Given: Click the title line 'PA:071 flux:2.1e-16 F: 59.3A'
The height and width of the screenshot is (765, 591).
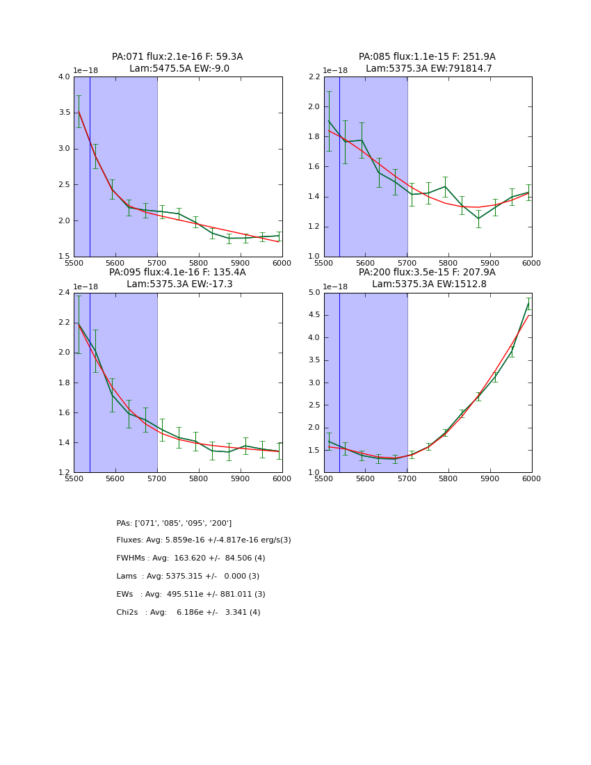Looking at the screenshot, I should coord(177,57).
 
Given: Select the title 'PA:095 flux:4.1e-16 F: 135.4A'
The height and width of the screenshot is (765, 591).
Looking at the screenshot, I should coord(177,273).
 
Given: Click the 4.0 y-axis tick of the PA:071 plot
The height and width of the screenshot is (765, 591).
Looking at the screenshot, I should coord(64,77).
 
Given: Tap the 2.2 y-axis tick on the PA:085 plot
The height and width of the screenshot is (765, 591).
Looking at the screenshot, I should coord(314,77).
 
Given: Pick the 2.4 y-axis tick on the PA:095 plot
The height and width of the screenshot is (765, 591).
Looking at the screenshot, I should coord(64,293).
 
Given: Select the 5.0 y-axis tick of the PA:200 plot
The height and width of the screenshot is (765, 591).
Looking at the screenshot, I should coord(314,293).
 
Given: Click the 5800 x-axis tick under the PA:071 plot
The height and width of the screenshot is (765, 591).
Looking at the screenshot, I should coord(198,263).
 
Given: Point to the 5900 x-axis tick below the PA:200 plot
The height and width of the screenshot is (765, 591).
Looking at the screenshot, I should coord(490,478).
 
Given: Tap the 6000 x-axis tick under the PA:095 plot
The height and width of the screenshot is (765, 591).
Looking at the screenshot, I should coord(282,478).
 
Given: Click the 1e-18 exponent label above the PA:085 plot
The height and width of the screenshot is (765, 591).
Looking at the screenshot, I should coord(336,71).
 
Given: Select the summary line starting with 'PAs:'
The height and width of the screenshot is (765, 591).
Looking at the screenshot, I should coord(174,523).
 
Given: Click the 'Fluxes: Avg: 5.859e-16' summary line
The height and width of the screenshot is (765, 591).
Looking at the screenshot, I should coord(204,540).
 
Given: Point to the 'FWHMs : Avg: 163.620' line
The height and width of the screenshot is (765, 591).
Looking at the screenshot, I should coord(191,558).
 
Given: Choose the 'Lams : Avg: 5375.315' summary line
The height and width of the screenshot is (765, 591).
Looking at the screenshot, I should coord(188,577).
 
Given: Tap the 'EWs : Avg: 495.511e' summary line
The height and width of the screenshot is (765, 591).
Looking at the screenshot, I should coord(191,595).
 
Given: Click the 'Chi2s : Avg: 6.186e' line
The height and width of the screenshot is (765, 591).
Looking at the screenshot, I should coord(188,613).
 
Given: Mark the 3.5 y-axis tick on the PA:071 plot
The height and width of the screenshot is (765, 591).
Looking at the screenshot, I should coord(64,113).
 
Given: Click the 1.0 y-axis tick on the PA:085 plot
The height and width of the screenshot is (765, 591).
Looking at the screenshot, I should coord(314,257).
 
